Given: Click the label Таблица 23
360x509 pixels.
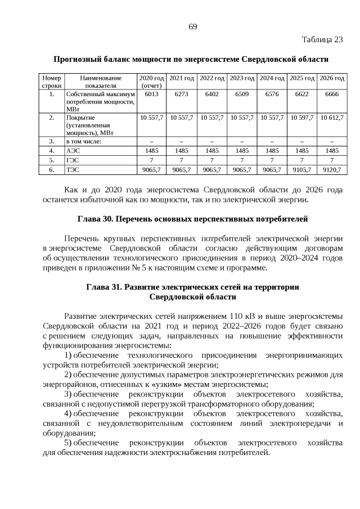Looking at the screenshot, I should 322,39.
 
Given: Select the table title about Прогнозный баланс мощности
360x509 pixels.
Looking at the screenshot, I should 191,59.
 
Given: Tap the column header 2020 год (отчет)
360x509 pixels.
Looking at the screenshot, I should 151,82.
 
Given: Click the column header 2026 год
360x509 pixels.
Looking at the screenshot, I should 332,78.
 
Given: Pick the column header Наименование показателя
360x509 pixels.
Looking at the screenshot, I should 101,82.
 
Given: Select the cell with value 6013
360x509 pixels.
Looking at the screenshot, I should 151,94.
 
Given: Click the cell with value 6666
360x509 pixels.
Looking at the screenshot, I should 332,94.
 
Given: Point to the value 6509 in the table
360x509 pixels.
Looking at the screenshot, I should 241,94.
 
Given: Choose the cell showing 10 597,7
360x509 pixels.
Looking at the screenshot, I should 301,118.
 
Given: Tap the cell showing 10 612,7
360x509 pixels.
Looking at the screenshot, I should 332,118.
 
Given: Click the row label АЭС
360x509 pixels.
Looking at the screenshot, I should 73,151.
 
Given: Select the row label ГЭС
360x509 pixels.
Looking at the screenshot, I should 73,159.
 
